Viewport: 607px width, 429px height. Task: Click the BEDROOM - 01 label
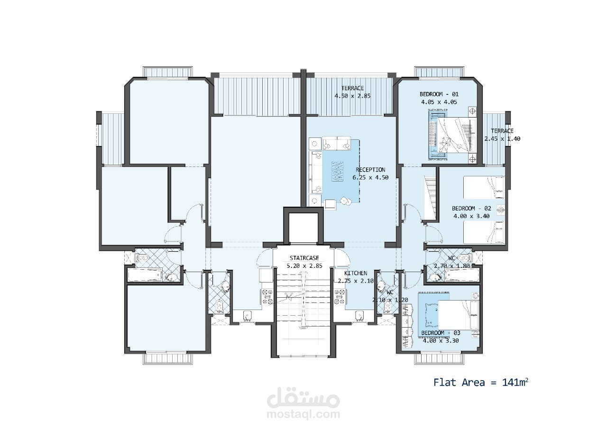[439, 94]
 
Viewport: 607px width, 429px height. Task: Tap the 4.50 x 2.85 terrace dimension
[352, 96]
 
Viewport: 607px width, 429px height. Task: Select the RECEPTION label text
[370, 170]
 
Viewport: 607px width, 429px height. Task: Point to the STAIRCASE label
[304, 258]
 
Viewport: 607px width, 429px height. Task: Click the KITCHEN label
[356, 273]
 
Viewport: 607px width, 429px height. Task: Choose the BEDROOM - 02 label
[471, 209]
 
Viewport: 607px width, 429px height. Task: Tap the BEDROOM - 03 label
[441, 333]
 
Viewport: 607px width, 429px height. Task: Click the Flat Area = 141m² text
[481, 382]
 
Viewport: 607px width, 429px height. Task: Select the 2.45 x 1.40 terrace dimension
[502, 139]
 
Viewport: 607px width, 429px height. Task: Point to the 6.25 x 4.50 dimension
[370, 178]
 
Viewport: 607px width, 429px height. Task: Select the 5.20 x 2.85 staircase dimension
[304, 266]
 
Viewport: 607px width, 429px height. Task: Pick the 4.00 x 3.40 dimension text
[471, 216]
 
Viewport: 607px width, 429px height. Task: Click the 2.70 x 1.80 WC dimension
[452, 266]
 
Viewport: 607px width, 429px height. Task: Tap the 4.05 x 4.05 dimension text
[439, 102]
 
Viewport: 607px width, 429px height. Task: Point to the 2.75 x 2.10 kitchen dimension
[356, 281]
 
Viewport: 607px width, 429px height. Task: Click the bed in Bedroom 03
[459, 315]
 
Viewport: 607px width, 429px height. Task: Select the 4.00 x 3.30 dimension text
[441, 341]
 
